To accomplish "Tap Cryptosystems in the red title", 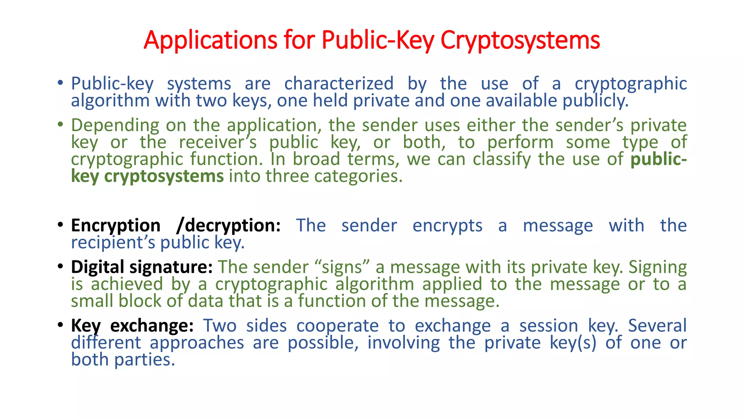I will [520, 40].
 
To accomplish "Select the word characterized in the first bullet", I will [339, 84].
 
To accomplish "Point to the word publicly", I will [595, 101].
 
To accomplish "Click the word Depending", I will [115, 125].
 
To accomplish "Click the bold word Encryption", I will [116, 226].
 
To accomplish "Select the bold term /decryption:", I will [228, 226].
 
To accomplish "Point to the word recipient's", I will [113, 243].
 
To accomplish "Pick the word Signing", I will [658, 267].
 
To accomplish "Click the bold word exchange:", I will [152, 326].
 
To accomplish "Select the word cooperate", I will [337, 326].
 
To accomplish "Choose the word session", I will [548, 326].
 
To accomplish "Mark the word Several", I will [657, 326].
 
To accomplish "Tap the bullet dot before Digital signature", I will [60, 266].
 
